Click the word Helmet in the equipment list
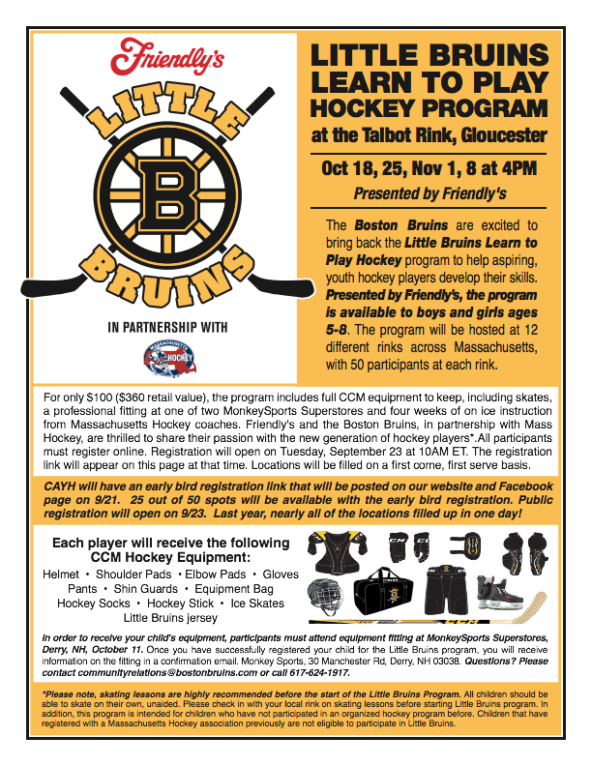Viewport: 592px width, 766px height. tap(61, 574)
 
